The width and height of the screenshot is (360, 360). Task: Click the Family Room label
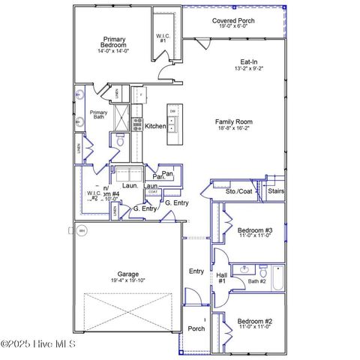pyautogui.click(x=234, y=121)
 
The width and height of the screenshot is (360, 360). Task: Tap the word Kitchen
pyautogui.click(x=155, y=126)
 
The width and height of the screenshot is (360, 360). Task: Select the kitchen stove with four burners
pyautogui.click(x=138, y=124)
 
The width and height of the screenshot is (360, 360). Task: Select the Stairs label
pyautogui.click(x=275, y=191)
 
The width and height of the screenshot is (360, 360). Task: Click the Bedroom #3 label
pyautogui.click(x=255, y=230)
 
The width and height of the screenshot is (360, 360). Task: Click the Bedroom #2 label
pyautogui.click(x=254, y=321)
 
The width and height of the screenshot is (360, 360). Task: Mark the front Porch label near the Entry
pyautogui.click(x=196, y=328)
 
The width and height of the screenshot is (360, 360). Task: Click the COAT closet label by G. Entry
pyautogui.click(x=153, y=192)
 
